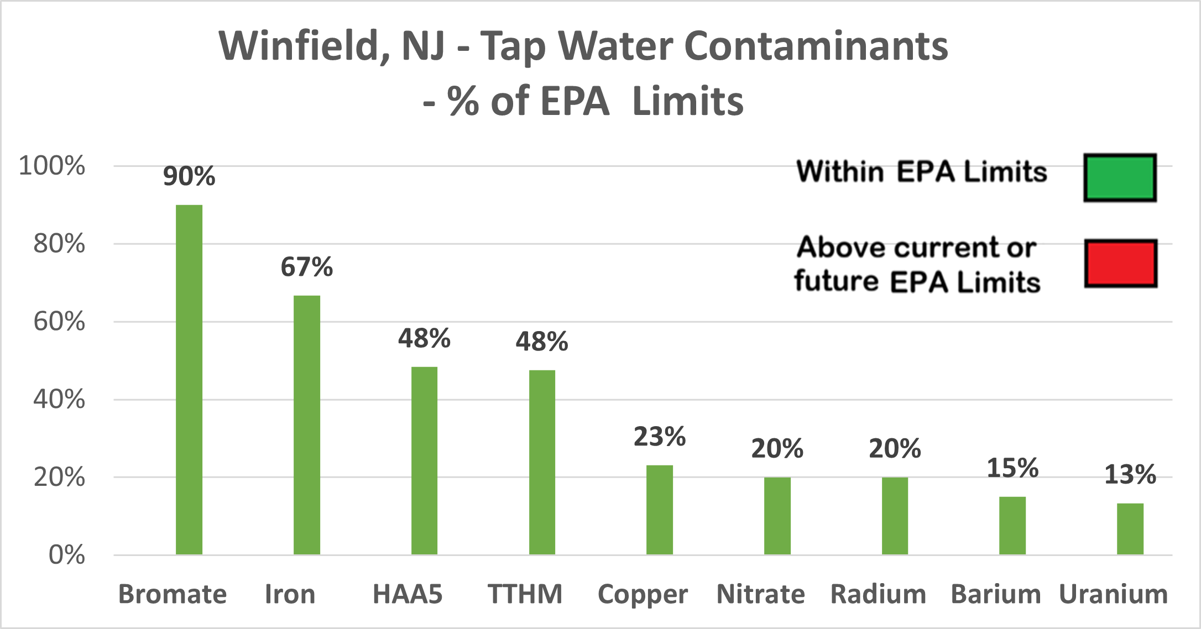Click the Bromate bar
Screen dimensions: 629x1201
pos(189,380)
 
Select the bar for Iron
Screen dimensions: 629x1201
pos(307,425)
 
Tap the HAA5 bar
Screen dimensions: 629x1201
pos(424,461)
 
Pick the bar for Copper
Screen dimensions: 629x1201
pos(660,510)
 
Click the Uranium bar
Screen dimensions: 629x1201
pos(1130,529)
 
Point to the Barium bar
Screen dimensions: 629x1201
pos(1012,526)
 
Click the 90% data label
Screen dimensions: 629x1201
pos(189,176)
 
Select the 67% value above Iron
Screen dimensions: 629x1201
pos(307,267)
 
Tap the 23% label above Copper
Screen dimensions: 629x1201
pos(660,437)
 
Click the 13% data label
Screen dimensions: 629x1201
pos(1130,475)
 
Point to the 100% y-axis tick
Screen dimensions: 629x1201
pos(52,166)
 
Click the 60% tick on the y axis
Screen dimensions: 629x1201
pos(59,322)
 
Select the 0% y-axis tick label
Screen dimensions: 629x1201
pos(66,555)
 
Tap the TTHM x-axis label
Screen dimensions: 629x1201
pos(525,595)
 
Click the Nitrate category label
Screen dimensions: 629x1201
pos(761,595)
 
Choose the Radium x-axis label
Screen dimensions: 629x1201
pos(879,595)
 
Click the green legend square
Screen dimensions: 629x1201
pos(1120,177)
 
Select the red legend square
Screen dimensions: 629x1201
pos(1121,263)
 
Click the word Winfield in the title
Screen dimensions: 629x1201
pos(305,45)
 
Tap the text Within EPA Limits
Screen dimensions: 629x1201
pos(922,171)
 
